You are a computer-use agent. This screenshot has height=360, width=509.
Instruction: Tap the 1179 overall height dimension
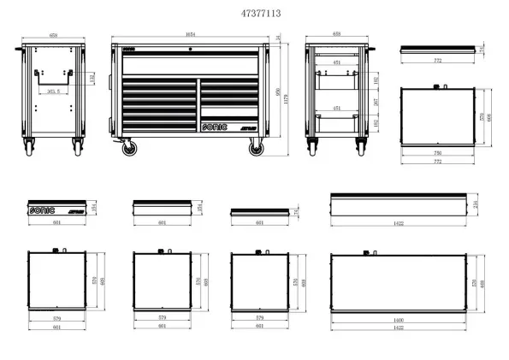pos(288,97)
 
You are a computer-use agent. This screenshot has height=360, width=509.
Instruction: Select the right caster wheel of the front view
pos(256,149)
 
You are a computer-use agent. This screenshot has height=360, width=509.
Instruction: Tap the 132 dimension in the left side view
pos(93,79)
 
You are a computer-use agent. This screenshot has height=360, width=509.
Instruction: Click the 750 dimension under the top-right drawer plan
pos(437,153)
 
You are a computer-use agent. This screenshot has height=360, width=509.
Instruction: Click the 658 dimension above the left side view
pos(54,35)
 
